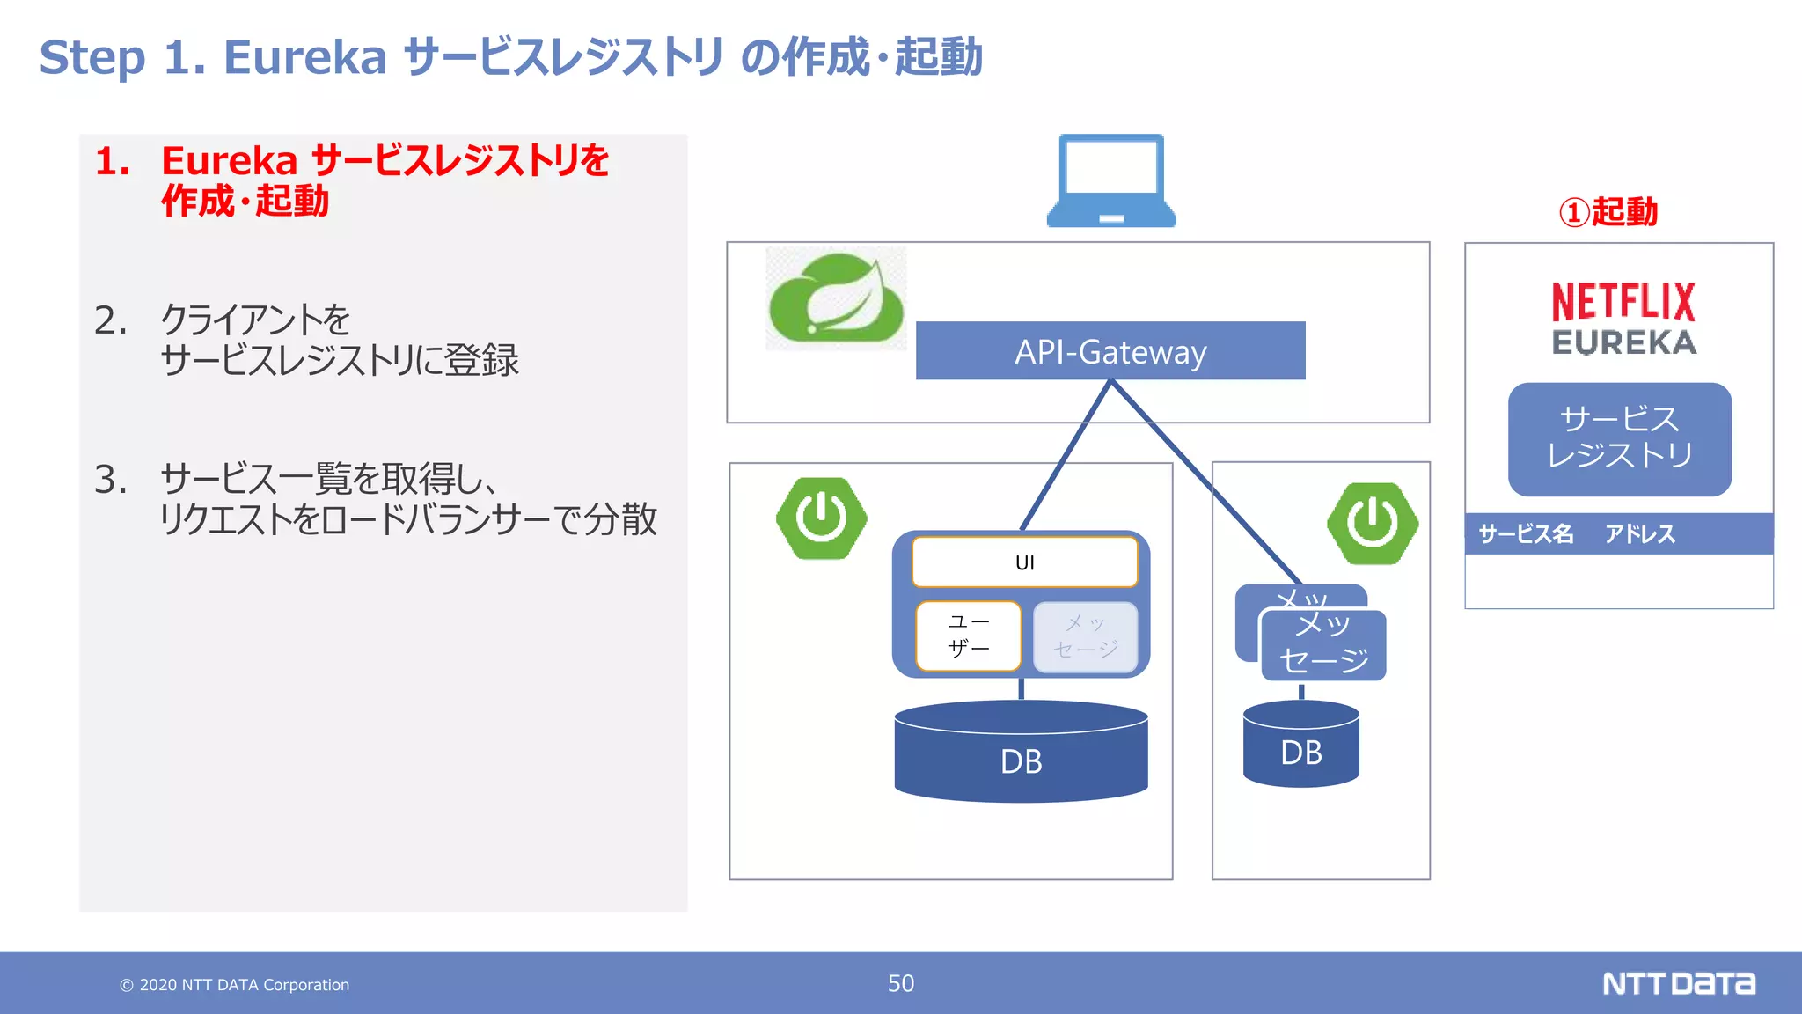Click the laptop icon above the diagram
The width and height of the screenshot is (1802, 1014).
point(1111,180)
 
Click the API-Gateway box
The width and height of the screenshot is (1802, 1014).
point(1110,351)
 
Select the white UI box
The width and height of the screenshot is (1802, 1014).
point(1025,562)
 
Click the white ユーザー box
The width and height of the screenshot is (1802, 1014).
point(968,636)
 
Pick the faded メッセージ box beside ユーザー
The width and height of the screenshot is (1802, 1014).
point(1086,636)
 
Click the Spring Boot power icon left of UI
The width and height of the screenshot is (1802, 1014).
point(821,518)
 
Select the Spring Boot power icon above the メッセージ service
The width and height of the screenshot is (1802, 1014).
point(1372,523)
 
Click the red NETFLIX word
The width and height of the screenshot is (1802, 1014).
point(1623,302)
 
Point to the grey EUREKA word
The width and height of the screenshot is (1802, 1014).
point(1623,342)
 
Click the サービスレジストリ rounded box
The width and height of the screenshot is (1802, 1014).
point(1620,438)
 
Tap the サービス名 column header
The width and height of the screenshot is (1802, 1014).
point(1526,533)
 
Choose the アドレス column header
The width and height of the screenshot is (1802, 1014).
point(1639,533)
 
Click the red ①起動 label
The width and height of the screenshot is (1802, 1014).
point(1608,212)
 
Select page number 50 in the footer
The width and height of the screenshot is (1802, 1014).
point(901,983)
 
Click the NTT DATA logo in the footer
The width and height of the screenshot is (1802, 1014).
point(1678,983)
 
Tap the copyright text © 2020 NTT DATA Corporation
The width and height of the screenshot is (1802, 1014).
point(235,985)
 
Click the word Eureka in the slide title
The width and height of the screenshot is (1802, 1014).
point(305,58)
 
